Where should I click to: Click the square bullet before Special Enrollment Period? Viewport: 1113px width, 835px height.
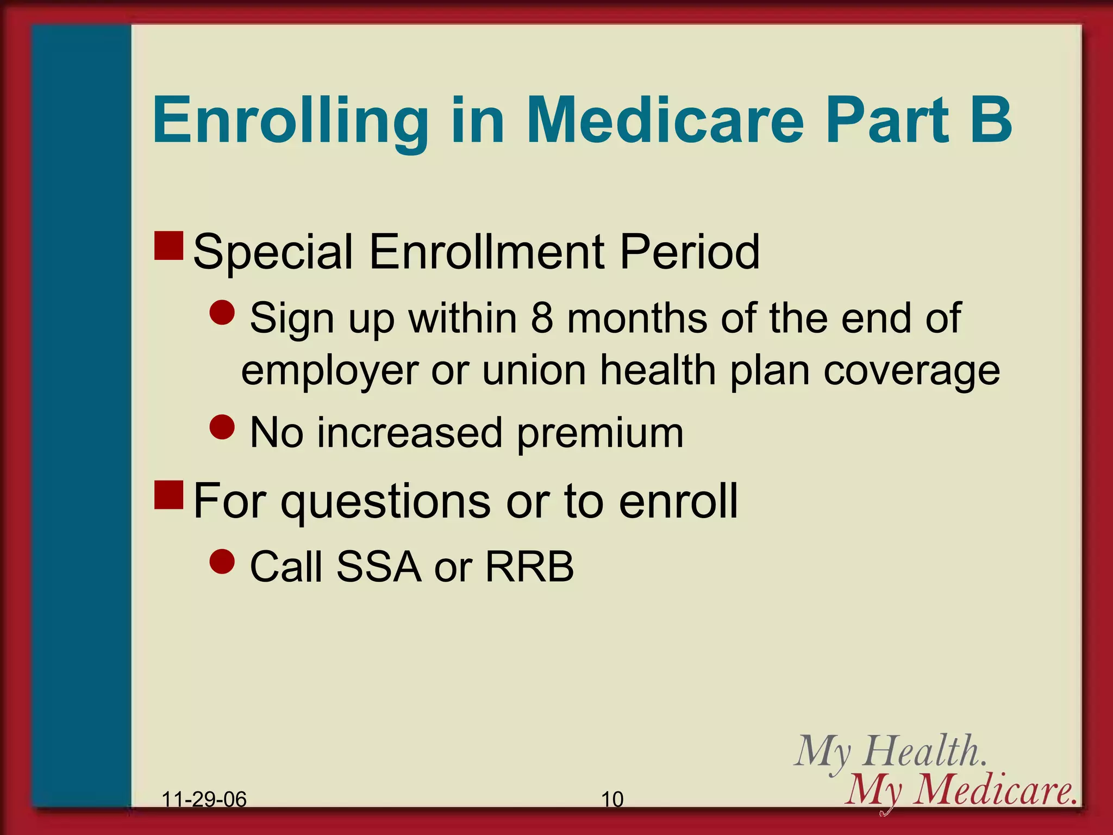pos(168,246)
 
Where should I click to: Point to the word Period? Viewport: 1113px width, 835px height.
pos(689,252)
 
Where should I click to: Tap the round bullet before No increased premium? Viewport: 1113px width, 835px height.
pos(222,427)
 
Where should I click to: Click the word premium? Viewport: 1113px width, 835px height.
pos(600,434)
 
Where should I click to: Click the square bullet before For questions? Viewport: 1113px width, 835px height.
pos(168,495)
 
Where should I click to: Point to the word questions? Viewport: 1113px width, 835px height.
pos(385,502)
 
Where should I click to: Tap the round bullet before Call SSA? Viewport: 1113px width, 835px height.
pos(222,561)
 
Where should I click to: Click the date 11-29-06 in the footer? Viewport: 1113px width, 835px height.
pos(204,799)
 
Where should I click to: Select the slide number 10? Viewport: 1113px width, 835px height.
pos(612,799)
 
